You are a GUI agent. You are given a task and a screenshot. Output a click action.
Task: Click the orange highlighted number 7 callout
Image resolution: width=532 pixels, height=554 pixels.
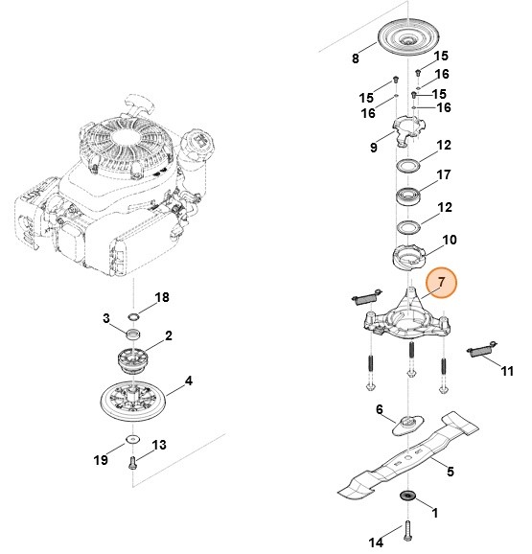443,283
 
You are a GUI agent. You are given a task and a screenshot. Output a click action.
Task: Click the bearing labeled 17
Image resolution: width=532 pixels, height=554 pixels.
411,196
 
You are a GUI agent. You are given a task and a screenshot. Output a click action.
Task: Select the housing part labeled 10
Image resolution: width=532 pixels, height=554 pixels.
411,257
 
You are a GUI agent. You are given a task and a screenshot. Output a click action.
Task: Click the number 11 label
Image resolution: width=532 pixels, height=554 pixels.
508,370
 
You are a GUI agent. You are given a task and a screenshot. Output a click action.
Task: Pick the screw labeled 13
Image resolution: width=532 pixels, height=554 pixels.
133,462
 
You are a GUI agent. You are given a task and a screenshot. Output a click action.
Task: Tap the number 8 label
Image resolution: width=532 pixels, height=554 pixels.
356,58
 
